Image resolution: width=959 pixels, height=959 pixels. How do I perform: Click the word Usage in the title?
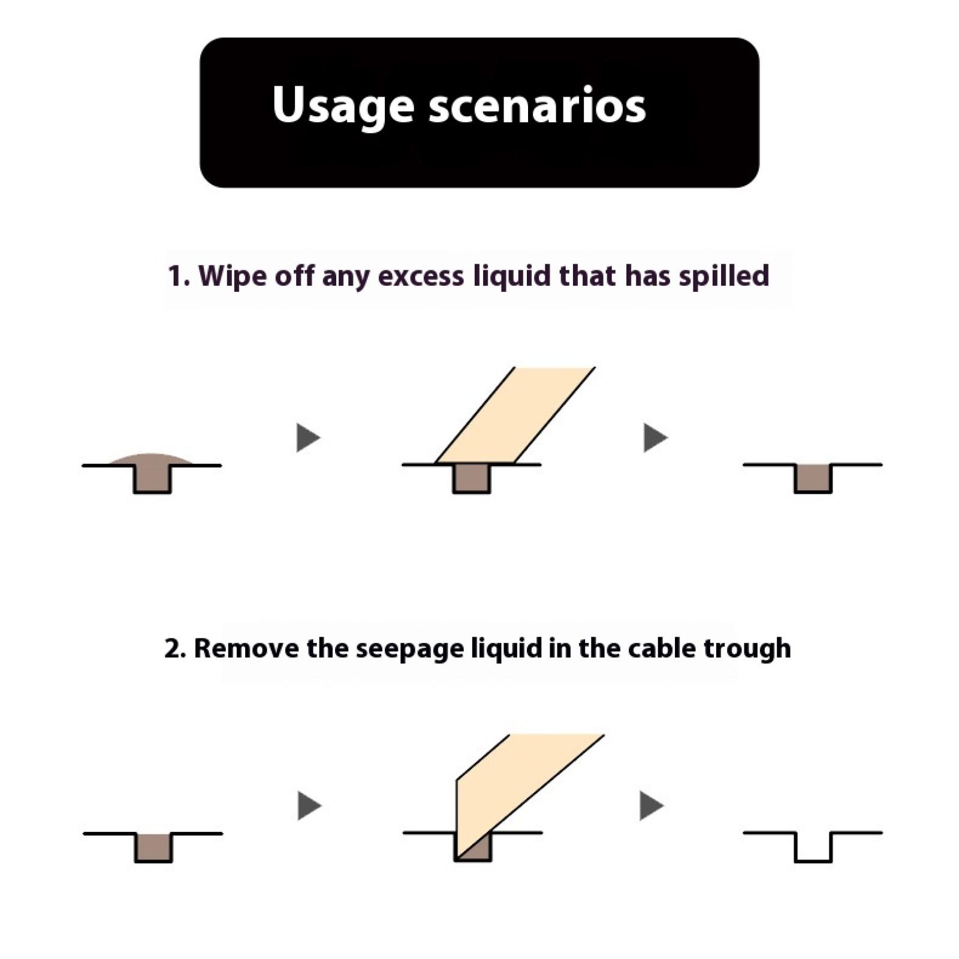point(343,106)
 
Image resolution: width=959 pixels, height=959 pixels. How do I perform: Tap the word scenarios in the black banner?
point(537,105)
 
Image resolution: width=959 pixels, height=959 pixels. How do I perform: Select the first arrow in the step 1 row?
point(308,438)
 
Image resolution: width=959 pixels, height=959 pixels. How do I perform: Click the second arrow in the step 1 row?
point(655,438)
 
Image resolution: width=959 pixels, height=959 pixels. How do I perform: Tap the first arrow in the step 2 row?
point(309,806)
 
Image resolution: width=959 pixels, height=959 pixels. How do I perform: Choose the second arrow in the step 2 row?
point(652,806)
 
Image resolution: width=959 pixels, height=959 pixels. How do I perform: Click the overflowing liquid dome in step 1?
point(152,459)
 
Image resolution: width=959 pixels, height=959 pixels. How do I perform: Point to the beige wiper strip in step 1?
point(515,415)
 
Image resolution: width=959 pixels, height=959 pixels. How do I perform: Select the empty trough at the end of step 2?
point(813,847)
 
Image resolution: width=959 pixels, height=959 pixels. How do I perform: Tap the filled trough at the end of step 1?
point(813,478)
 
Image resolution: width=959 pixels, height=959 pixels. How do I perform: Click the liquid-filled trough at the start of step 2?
point(153,848)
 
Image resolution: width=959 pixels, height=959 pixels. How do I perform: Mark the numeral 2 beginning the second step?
point(173,649)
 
